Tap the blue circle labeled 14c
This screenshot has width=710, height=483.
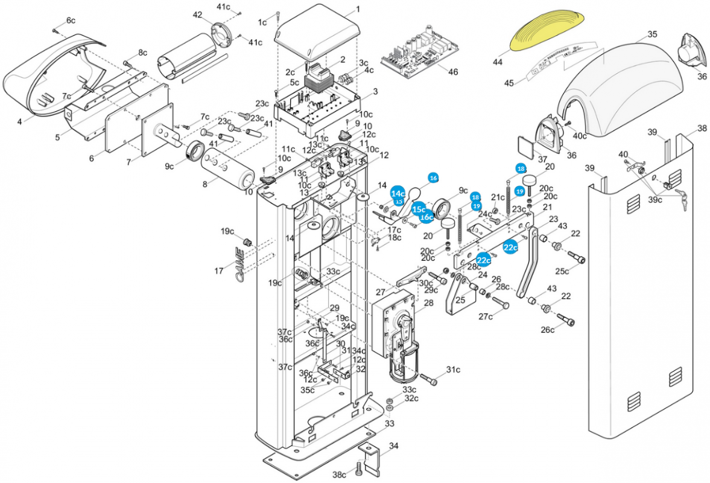pyautogui.click(x=398, y=193)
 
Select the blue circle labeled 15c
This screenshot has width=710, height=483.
pyautogui.click(x=419, y=209)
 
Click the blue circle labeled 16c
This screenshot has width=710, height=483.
pyautogui.click(x=426, y=217)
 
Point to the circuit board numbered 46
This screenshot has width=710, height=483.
pyautogui.click(x=419, y=55)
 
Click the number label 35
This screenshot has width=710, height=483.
pyautogui.click(x=653, y=34)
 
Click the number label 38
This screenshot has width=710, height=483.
pyautogui.click(x=702, y=128)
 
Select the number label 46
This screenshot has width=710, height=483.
pyautogui.click(x=453, y=72)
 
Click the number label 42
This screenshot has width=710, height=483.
pyautogui.click(x=198, y=14)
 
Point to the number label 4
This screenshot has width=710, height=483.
pyautogui.click(x=19, y=121)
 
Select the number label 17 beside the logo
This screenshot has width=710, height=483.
pyautogui.click(x=219, y=271)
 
